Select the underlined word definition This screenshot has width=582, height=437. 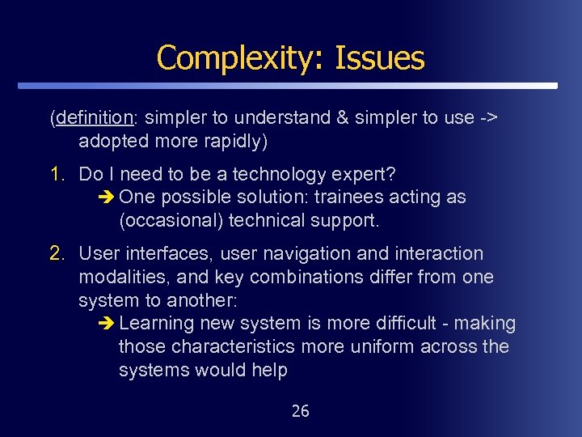(x=93, y=118)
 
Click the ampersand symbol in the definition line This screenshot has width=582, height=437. (x=341, y=118)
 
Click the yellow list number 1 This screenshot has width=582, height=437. (x=56, y=174)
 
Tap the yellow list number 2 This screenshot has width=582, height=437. (x=56, y=254)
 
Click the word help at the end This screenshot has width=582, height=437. (x=269, y=371)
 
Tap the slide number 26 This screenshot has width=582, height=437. (x=300, y=411)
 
